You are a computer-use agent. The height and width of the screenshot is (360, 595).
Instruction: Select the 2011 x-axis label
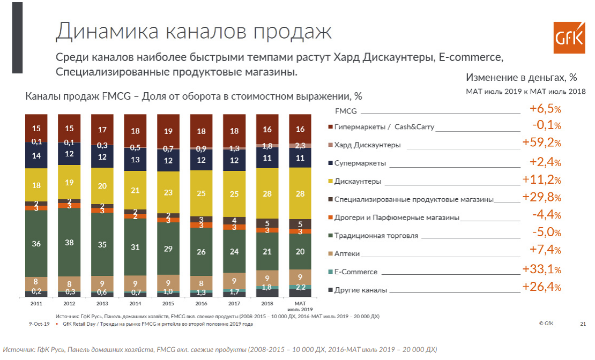coord(36,303)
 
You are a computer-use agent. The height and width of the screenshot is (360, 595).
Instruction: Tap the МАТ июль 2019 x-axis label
coord(300,306)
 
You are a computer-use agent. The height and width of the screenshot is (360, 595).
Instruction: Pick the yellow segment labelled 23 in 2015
coord(168,192)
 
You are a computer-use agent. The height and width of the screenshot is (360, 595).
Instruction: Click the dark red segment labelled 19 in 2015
coord(168,131)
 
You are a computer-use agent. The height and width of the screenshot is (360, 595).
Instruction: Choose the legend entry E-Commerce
coord(356,272)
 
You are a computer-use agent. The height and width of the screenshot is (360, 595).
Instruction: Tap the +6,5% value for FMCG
coord(545,109)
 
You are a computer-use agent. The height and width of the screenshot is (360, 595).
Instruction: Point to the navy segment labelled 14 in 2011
coord(36,156)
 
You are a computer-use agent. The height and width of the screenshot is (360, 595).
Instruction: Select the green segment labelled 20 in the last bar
coord(300,251)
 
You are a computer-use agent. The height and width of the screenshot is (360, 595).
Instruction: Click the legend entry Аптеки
coord(347,253)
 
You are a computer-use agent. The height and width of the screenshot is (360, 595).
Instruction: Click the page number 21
coord(583,324)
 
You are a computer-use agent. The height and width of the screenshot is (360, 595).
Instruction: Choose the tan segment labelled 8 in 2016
coord(201,283)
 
